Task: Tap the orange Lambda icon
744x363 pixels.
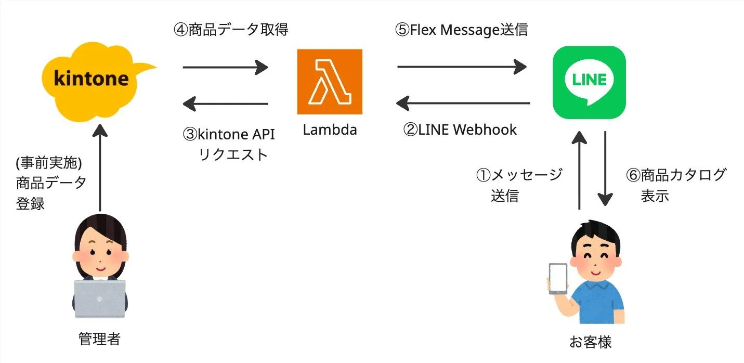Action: (330, 82)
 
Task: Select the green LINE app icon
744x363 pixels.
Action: (589, 82)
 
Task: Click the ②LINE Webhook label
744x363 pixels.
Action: (460, 129)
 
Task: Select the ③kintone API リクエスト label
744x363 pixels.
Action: (229, 144)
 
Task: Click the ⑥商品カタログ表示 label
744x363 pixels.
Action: (675, 185)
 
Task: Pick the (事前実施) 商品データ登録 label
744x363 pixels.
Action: (50, 183)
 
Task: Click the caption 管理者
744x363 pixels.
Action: (99, 340)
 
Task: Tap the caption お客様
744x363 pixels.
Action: (590, 342)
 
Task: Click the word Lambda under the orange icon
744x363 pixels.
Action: (330, 129)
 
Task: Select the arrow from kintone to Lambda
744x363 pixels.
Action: (225, 67)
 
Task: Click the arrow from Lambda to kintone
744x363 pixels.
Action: (225, 104)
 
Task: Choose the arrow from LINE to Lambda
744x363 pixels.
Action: (462, 103)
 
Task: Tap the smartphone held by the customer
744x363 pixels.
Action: (558, 279)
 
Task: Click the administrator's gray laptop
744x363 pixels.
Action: (100, 299)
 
